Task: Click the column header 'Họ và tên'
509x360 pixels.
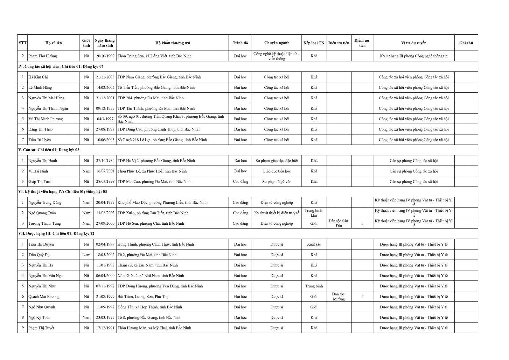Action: (53, 43)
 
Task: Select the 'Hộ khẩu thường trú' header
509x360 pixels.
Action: (172, 43)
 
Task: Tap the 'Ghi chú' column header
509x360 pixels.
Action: (466, 43)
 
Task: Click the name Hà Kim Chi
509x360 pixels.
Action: (38, 77)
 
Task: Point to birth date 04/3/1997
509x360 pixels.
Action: (105, 119)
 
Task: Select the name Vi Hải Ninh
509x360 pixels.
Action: (38, 171)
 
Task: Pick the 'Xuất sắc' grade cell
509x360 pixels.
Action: (314, 244)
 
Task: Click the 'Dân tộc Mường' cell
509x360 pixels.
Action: (338, 297)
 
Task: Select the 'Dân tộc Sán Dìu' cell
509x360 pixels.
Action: (338, 223)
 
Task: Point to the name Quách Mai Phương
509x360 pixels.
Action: (44, 297)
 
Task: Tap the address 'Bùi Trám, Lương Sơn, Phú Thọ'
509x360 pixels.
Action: (143, 297)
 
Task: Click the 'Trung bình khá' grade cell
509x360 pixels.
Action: (314, 213)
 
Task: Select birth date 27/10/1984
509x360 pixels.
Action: (105, 161)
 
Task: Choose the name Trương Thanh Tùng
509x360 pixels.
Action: (45, 223)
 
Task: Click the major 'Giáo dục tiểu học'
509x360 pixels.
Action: (276, 171)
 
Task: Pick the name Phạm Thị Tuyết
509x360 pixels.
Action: (41, 328)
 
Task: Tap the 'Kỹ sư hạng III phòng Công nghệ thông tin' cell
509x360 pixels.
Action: (414, 56)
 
